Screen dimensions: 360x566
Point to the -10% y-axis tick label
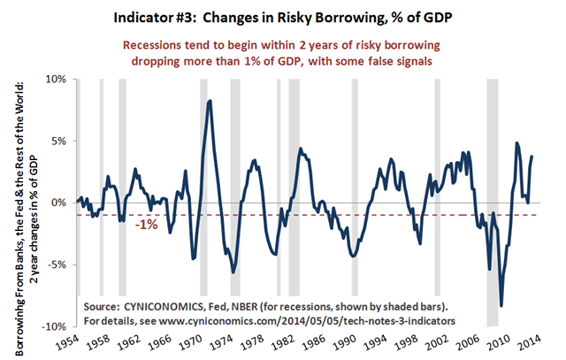(x=56, y=326)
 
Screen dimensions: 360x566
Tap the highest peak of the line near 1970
(x=210, y=101)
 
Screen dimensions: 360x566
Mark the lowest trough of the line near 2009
(x=501, y=306)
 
